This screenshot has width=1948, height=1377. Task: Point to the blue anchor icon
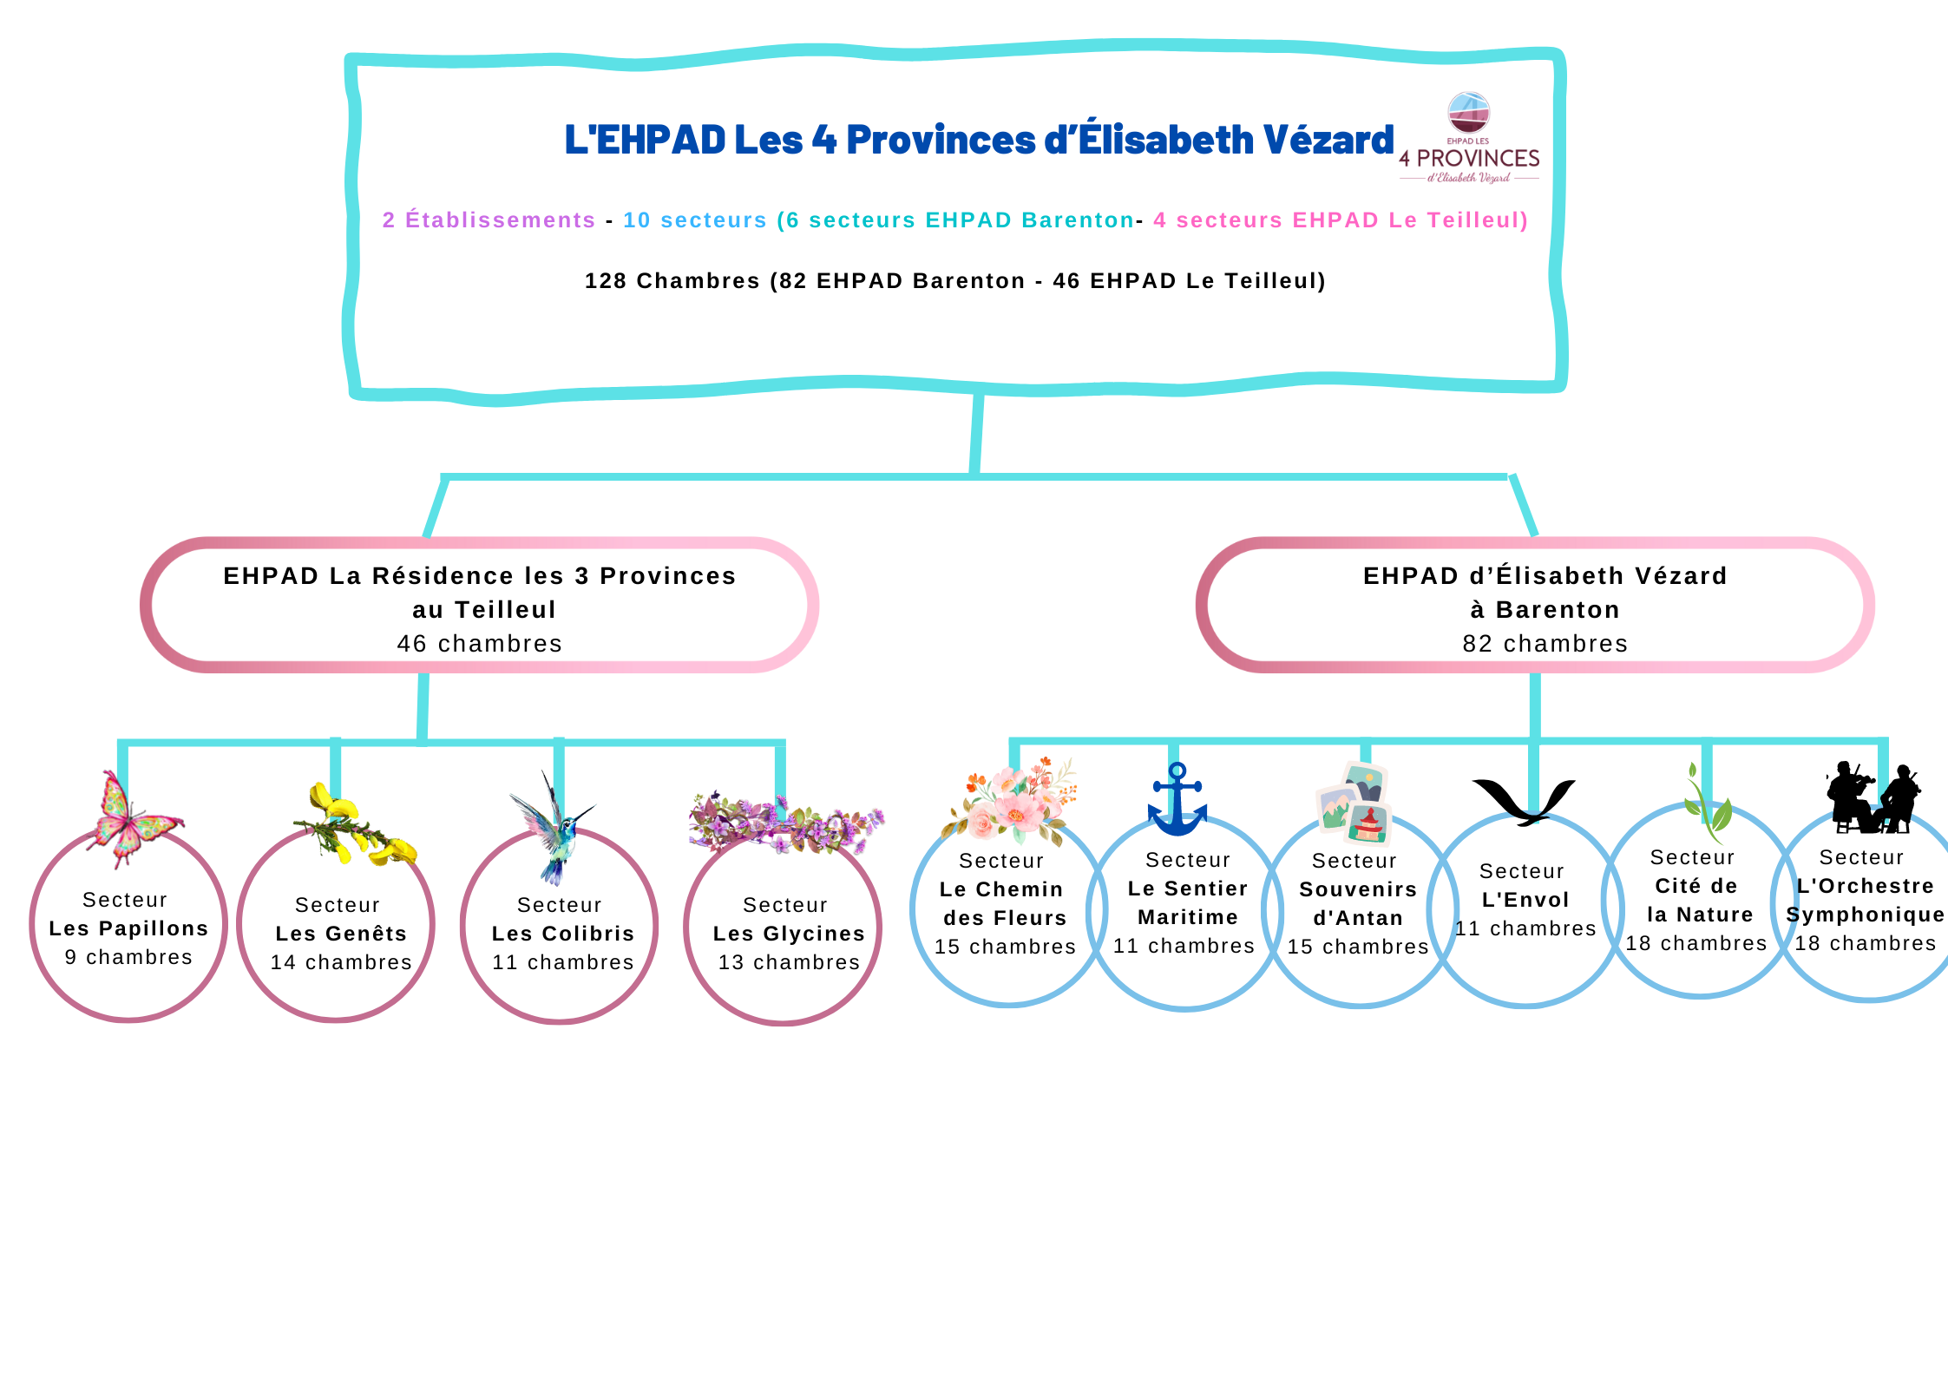[1177, 801]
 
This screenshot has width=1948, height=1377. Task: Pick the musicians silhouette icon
[1873, 799]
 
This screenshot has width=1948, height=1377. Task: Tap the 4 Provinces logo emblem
[1469, 114]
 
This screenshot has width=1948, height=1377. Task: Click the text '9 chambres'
[128, 957]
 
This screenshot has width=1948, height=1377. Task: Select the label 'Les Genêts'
[341, 934]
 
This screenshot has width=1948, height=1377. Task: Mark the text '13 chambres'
[789, 962]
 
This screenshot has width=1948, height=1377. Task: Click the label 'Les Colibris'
[563, 934]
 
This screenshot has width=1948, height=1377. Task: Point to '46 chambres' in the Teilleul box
[479, 644]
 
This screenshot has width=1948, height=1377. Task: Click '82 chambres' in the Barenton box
[1545, 644]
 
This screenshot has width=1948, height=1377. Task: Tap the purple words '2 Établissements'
[489, 220]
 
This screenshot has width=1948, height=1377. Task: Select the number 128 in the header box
[606, 281]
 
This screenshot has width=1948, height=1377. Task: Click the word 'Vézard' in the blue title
[1328, 141]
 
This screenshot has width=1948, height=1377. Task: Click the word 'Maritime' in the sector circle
[1187, 917]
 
